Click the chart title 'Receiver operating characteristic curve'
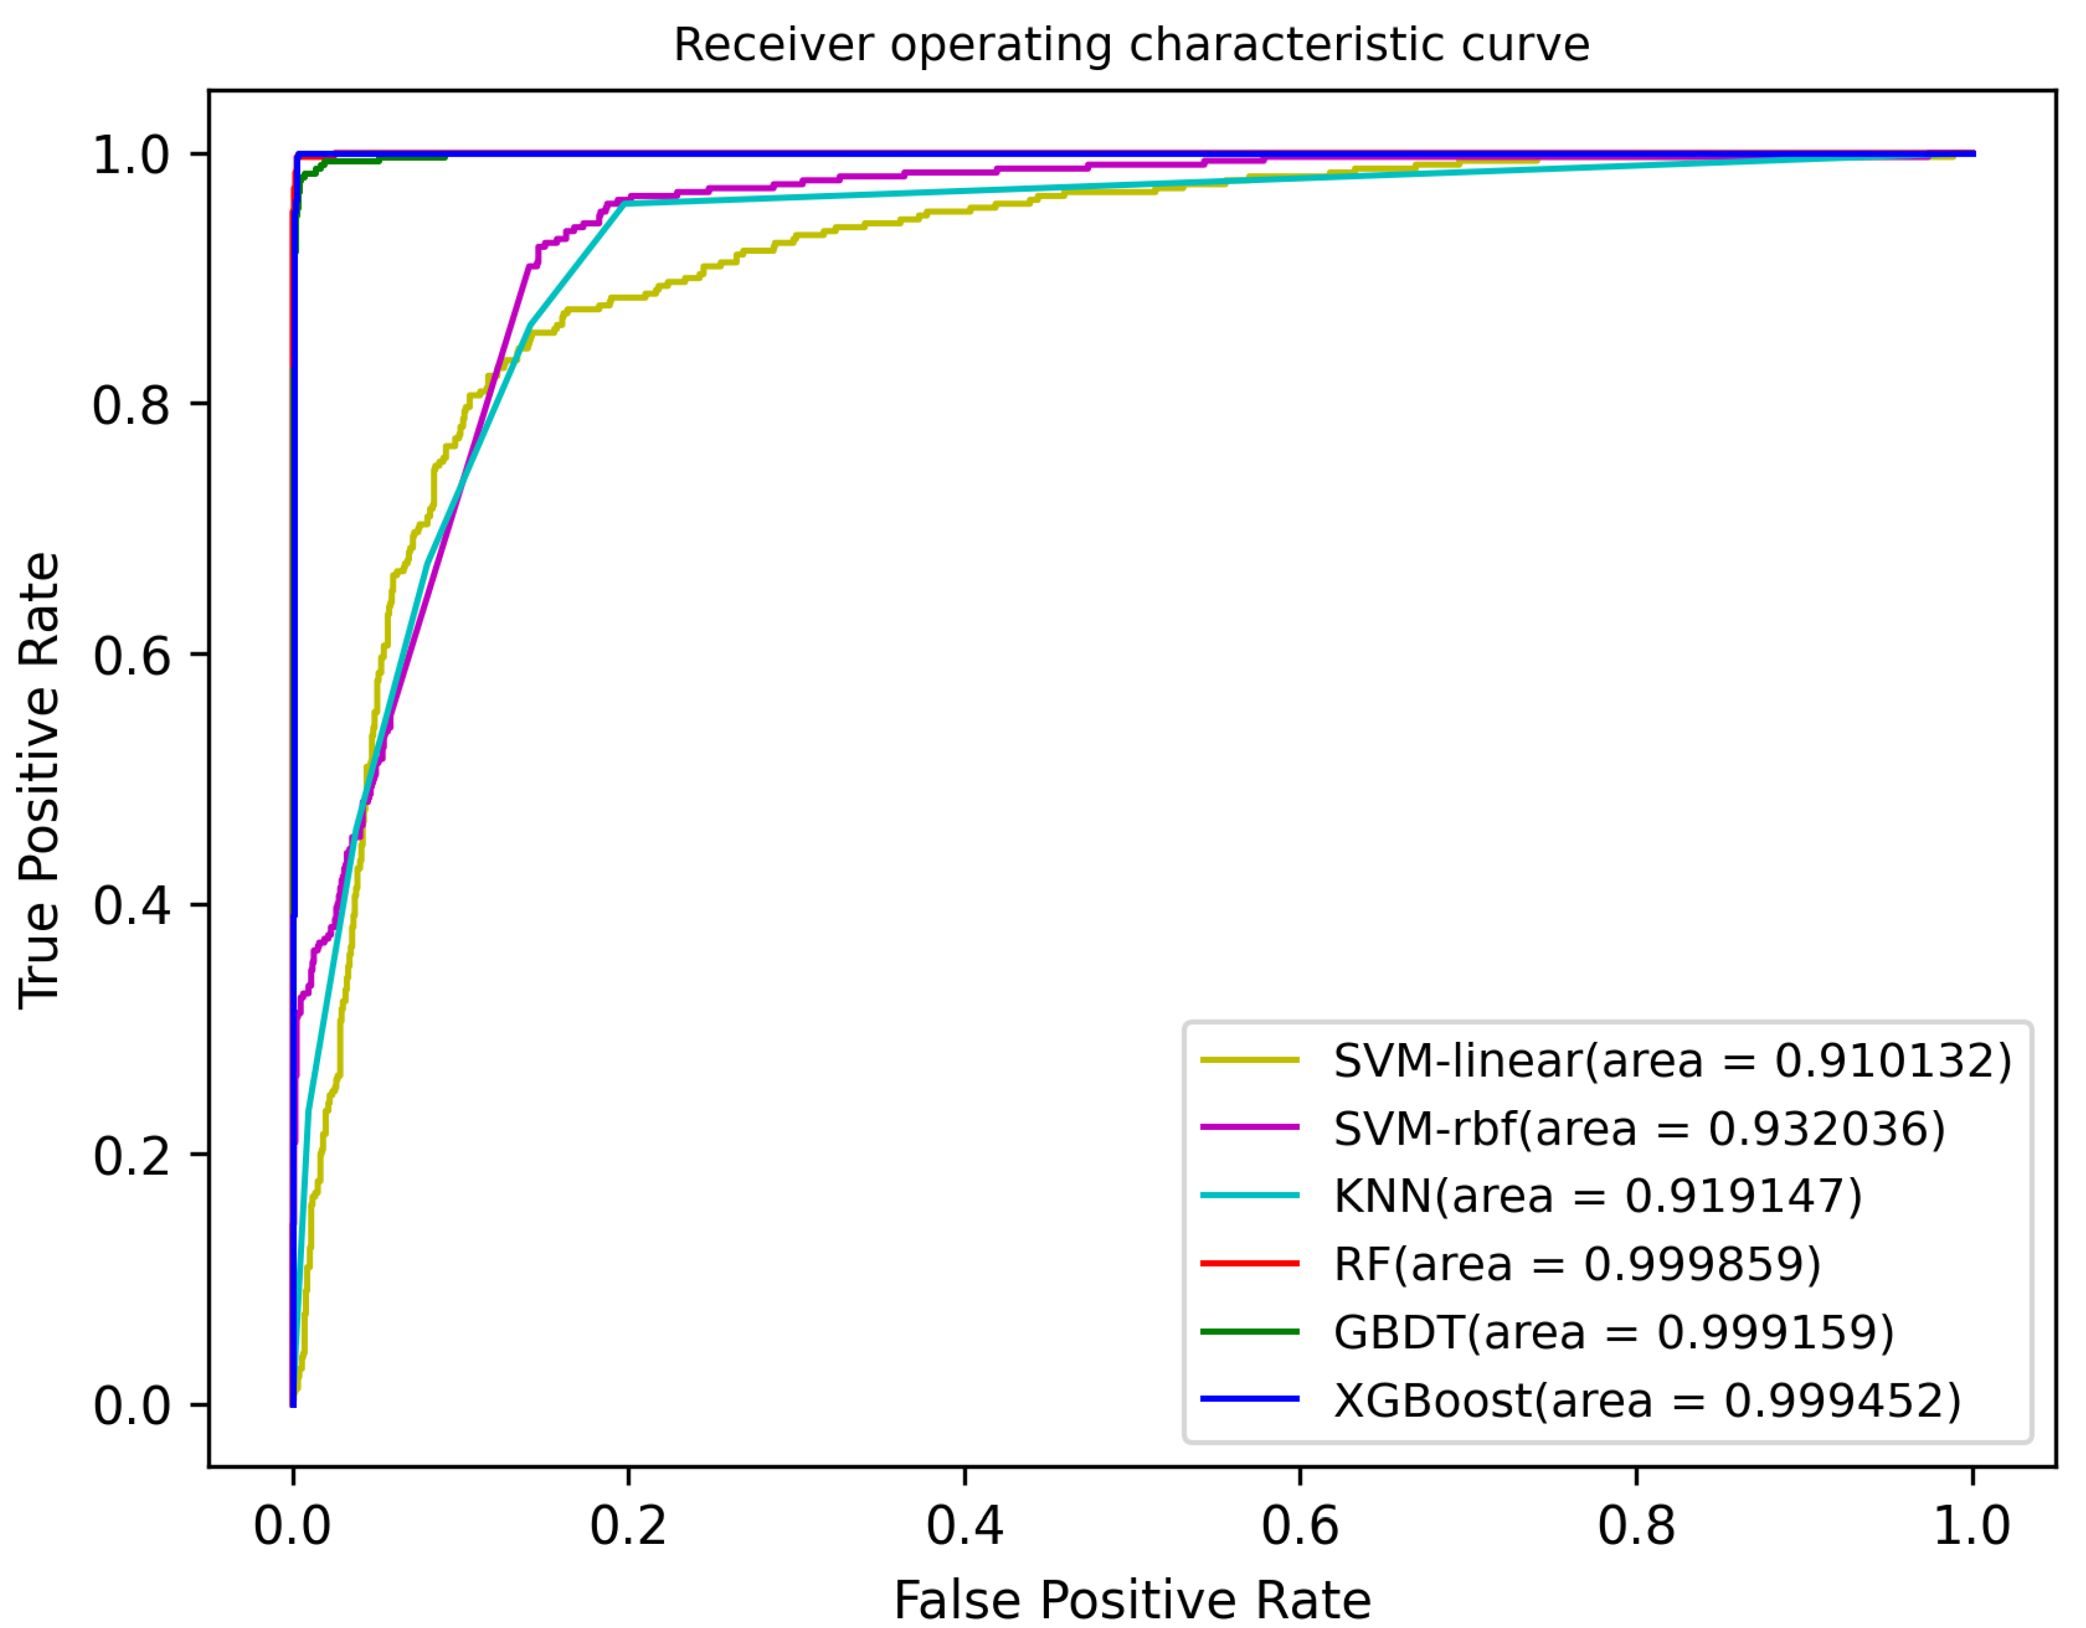(x=1131, y=45)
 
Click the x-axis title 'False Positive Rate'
(x=1131, y=1599)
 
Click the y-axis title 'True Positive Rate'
(x=40, y=779)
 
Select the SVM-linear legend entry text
(x=1671, y=1061)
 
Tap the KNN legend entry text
(x=1597, y=1196)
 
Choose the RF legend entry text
(x=1577, y=1264)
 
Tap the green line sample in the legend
(x=1249, y=1332)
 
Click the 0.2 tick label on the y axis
(x=132, y=1156)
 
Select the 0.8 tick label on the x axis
(x=1636, y=1525)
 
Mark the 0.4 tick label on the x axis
(x=965, y=1525)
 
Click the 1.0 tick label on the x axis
(x=1971, y=1525)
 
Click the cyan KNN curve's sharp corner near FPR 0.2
(x=625, y=203)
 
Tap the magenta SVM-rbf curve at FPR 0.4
(x=965, y=172)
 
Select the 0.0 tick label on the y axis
(x=132, y=1406)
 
